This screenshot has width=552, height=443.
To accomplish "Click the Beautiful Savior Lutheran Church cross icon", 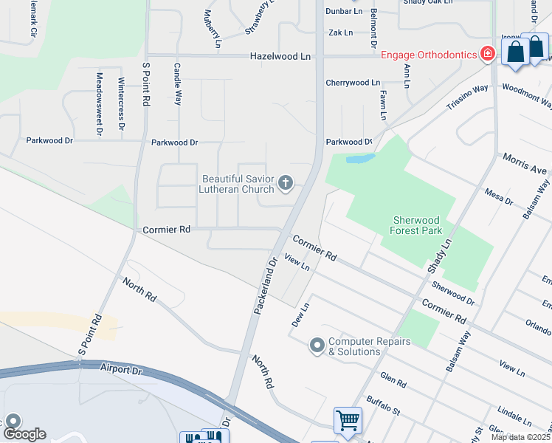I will (286, 182).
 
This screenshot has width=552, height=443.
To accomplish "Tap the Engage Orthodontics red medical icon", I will (486, 54).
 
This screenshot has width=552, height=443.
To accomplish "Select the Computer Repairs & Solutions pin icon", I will (317, 346).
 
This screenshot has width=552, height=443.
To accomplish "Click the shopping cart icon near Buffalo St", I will (348, 420).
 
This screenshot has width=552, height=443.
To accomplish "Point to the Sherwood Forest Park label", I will (417, 225).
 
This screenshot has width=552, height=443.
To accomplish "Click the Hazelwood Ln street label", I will (280, 56).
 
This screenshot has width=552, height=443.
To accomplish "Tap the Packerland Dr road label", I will (264, 286).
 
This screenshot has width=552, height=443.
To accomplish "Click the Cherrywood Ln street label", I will (353, 83).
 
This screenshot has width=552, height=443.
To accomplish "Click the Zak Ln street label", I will (340, 33).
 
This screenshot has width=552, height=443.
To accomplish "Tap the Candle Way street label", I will (177, 83).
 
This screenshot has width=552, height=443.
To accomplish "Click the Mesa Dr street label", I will (499, 196).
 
